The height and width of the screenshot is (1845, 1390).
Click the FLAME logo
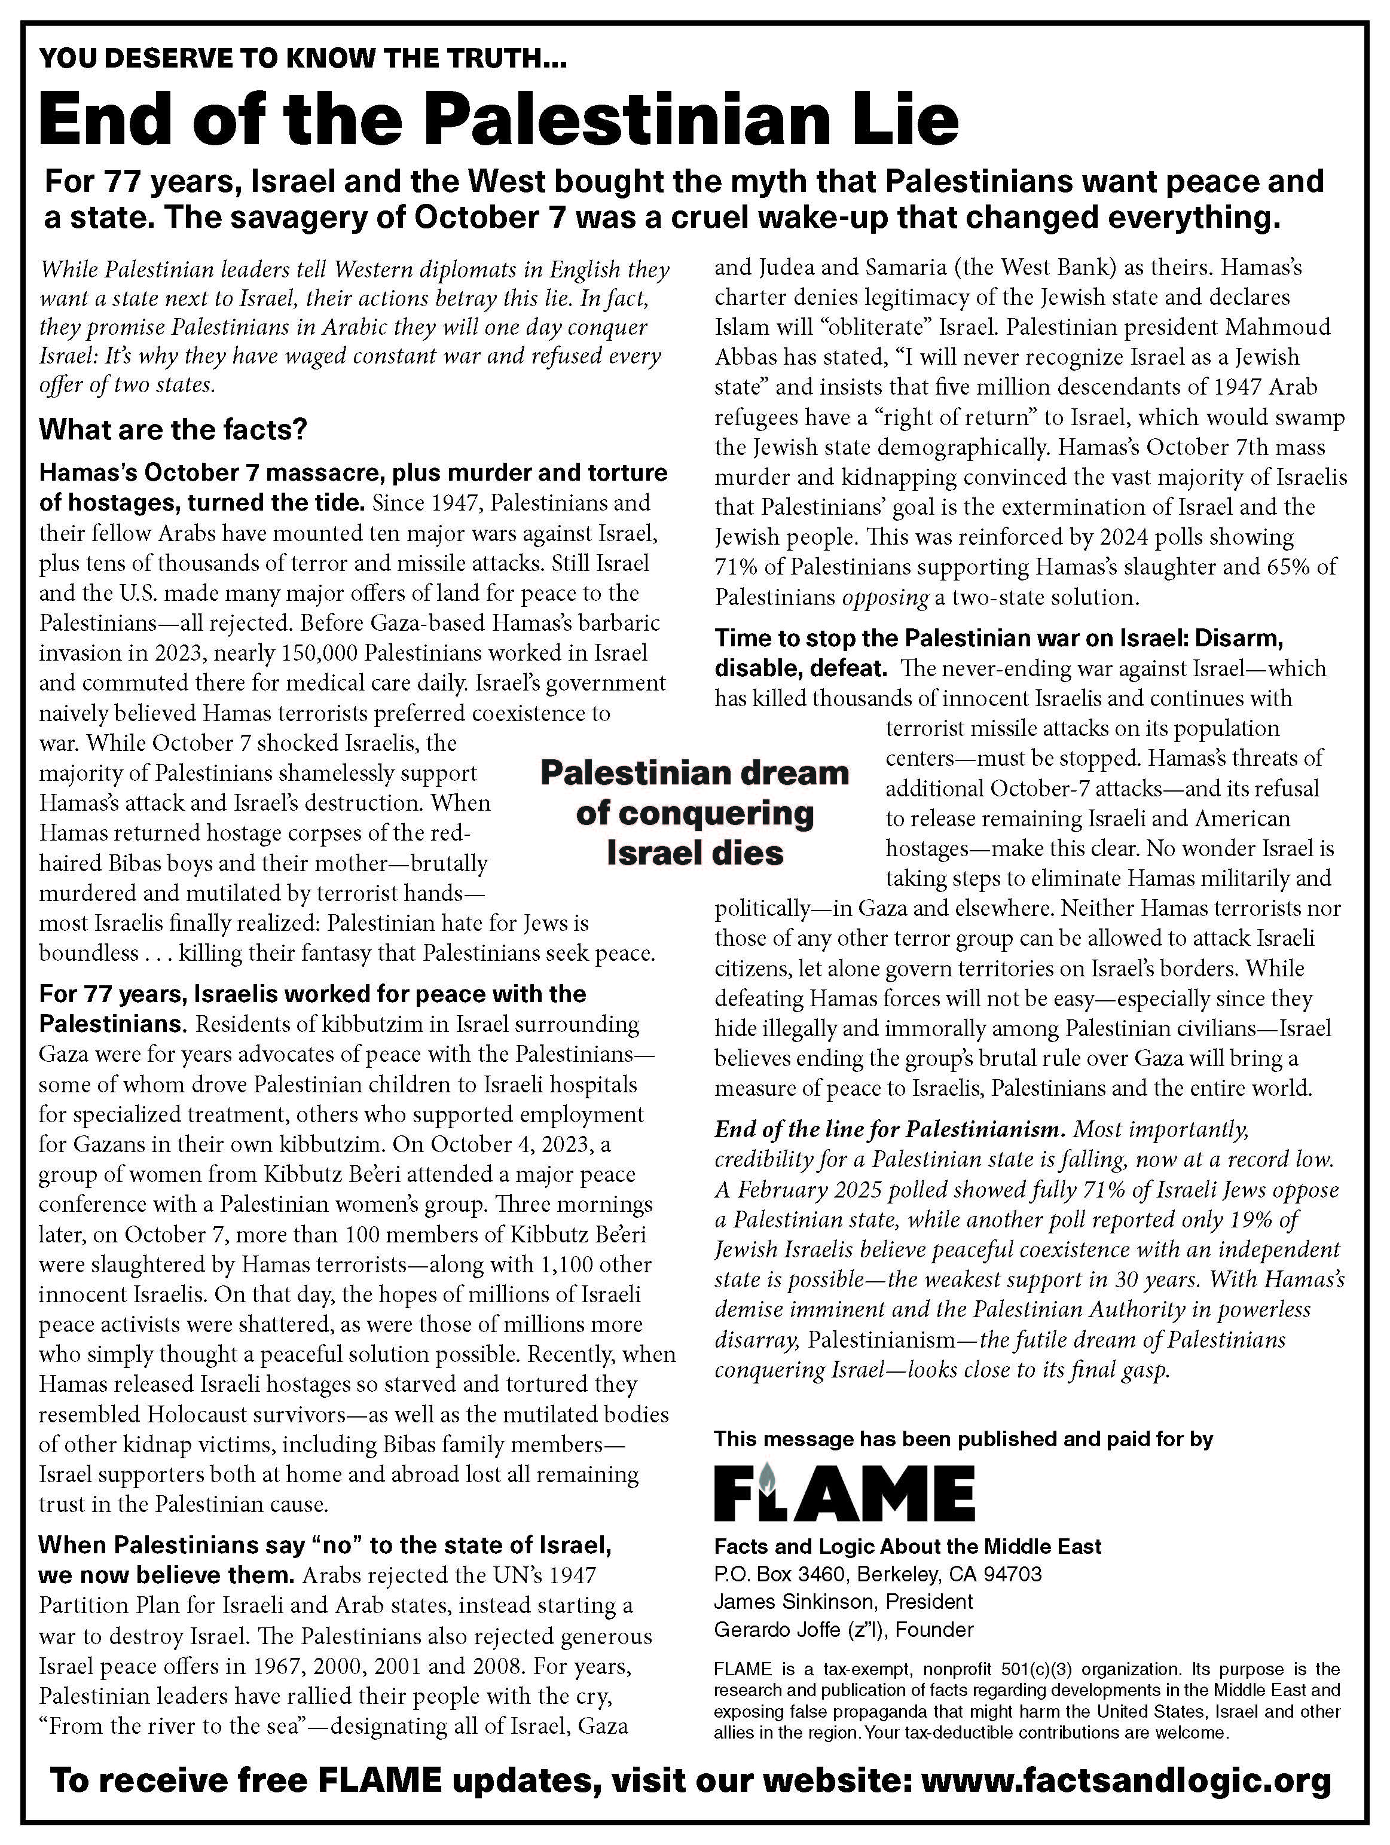pos(844,1492)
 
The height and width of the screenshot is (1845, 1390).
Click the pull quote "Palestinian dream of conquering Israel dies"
pos(695,812)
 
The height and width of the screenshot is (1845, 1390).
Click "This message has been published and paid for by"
pos(963,1439)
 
